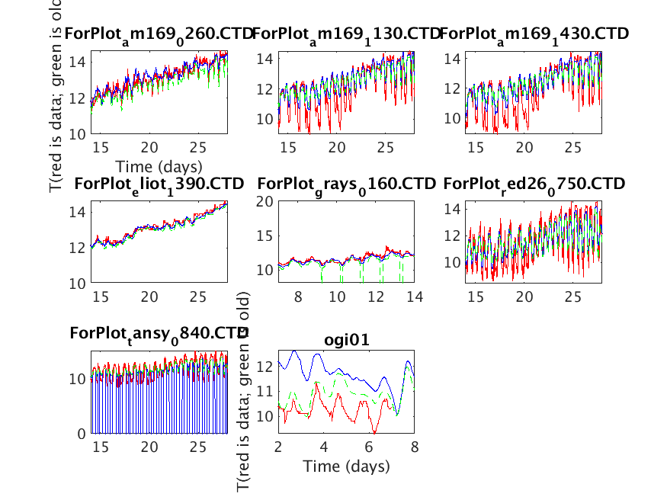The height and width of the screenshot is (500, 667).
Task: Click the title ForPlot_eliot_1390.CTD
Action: pyautogui.click(x=159, y=184)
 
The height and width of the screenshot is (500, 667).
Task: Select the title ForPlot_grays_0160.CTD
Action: pyautogui.click(x=346, y=184)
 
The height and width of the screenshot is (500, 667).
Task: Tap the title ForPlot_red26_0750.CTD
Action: pyautogui.click(x=534, y=184)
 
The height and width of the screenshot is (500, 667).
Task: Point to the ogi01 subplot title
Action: pyautogui.click(x=346, y=341)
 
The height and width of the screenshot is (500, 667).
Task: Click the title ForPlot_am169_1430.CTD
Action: pyautogui.click(x=534, y=34)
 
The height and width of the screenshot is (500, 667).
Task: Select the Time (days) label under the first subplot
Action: pyautogui.click(x=159, y=165)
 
